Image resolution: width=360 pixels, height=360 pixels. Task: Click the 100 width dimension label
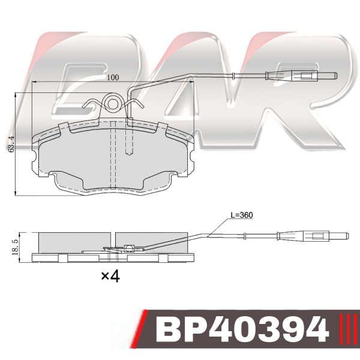click(x=113, y=77)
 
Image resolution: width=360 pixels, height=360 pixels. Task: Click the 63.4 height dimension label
click(x=11, y=144)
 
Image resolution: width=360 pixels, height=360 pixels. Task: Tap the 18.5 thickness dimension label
click(x=16, y=248)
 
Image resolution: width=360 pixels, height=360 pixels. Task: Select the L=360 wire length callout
click(x=242, y=215)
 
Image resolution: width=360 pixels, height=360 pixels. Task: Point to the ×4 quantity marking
click(x=110, y=277)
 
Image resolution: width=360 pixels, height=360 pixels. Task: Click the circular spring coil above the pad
click(x=112, y=104)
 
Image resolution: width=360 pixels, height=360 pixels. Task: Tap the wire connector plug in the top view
click(x=301, y=76)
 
